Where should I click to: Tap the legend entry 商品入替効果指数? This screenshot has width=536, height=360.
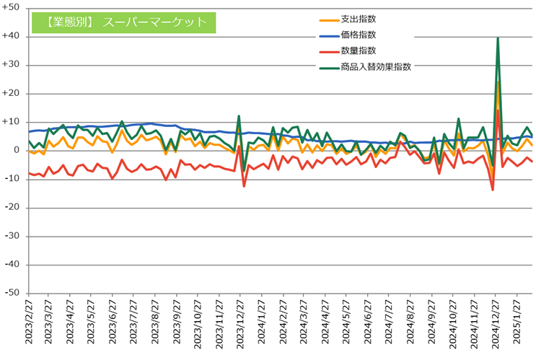coord(375,66)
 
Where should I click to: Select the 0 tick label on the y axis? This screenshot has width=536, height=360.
coord(16,150)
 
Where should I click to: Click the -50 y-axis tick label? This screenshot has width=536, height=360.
coord(12,293)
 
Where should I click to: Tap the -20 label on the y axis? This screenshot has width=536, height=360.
coord(12,207)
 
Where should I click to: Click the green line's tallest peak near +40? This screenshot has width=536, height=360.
coord(498,38)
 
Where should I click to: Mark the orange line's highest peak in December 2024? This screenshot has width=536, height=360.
coord(498,80)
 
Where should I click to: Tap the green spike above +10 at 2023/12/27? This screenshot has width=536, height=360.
coord(239,115)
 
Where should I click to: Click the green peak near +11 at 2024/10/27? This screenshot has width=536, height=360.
coord(458,118)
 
